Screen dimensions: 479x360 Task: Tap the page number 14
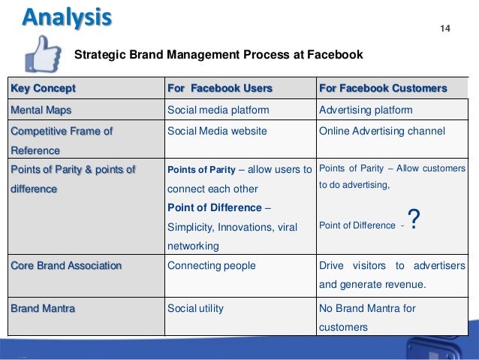(x=444, y=29)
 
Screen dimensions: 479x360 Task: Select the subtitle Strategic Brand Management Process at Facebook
(x=218, y=55)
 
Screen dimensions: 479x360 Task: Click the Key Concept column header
(x=43, y=89)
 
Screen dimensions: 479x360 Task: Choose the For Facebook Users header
(x=219, y=89)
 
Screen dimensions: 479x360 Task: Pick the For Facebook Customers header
(x=383, y=89)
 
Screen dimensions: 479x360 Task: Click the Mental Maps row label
(x=41, y=110)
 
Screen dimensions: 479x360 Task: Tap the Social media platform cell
(x=218, y=110)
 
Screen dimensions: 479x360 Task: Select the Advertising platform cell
(x=366, y=110)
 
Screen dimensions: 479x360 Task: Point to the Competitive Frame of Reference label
(x=60, y=141)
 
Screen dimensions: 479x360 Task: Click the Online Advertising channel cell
(x=382, y=131)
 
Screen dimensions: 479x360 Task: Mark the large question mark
(x=412, y=219)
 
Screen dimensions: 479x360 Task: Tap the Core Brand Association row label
(x=65, y=265)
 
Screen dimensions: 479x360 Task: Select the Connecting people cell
(x=211, y=265)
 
